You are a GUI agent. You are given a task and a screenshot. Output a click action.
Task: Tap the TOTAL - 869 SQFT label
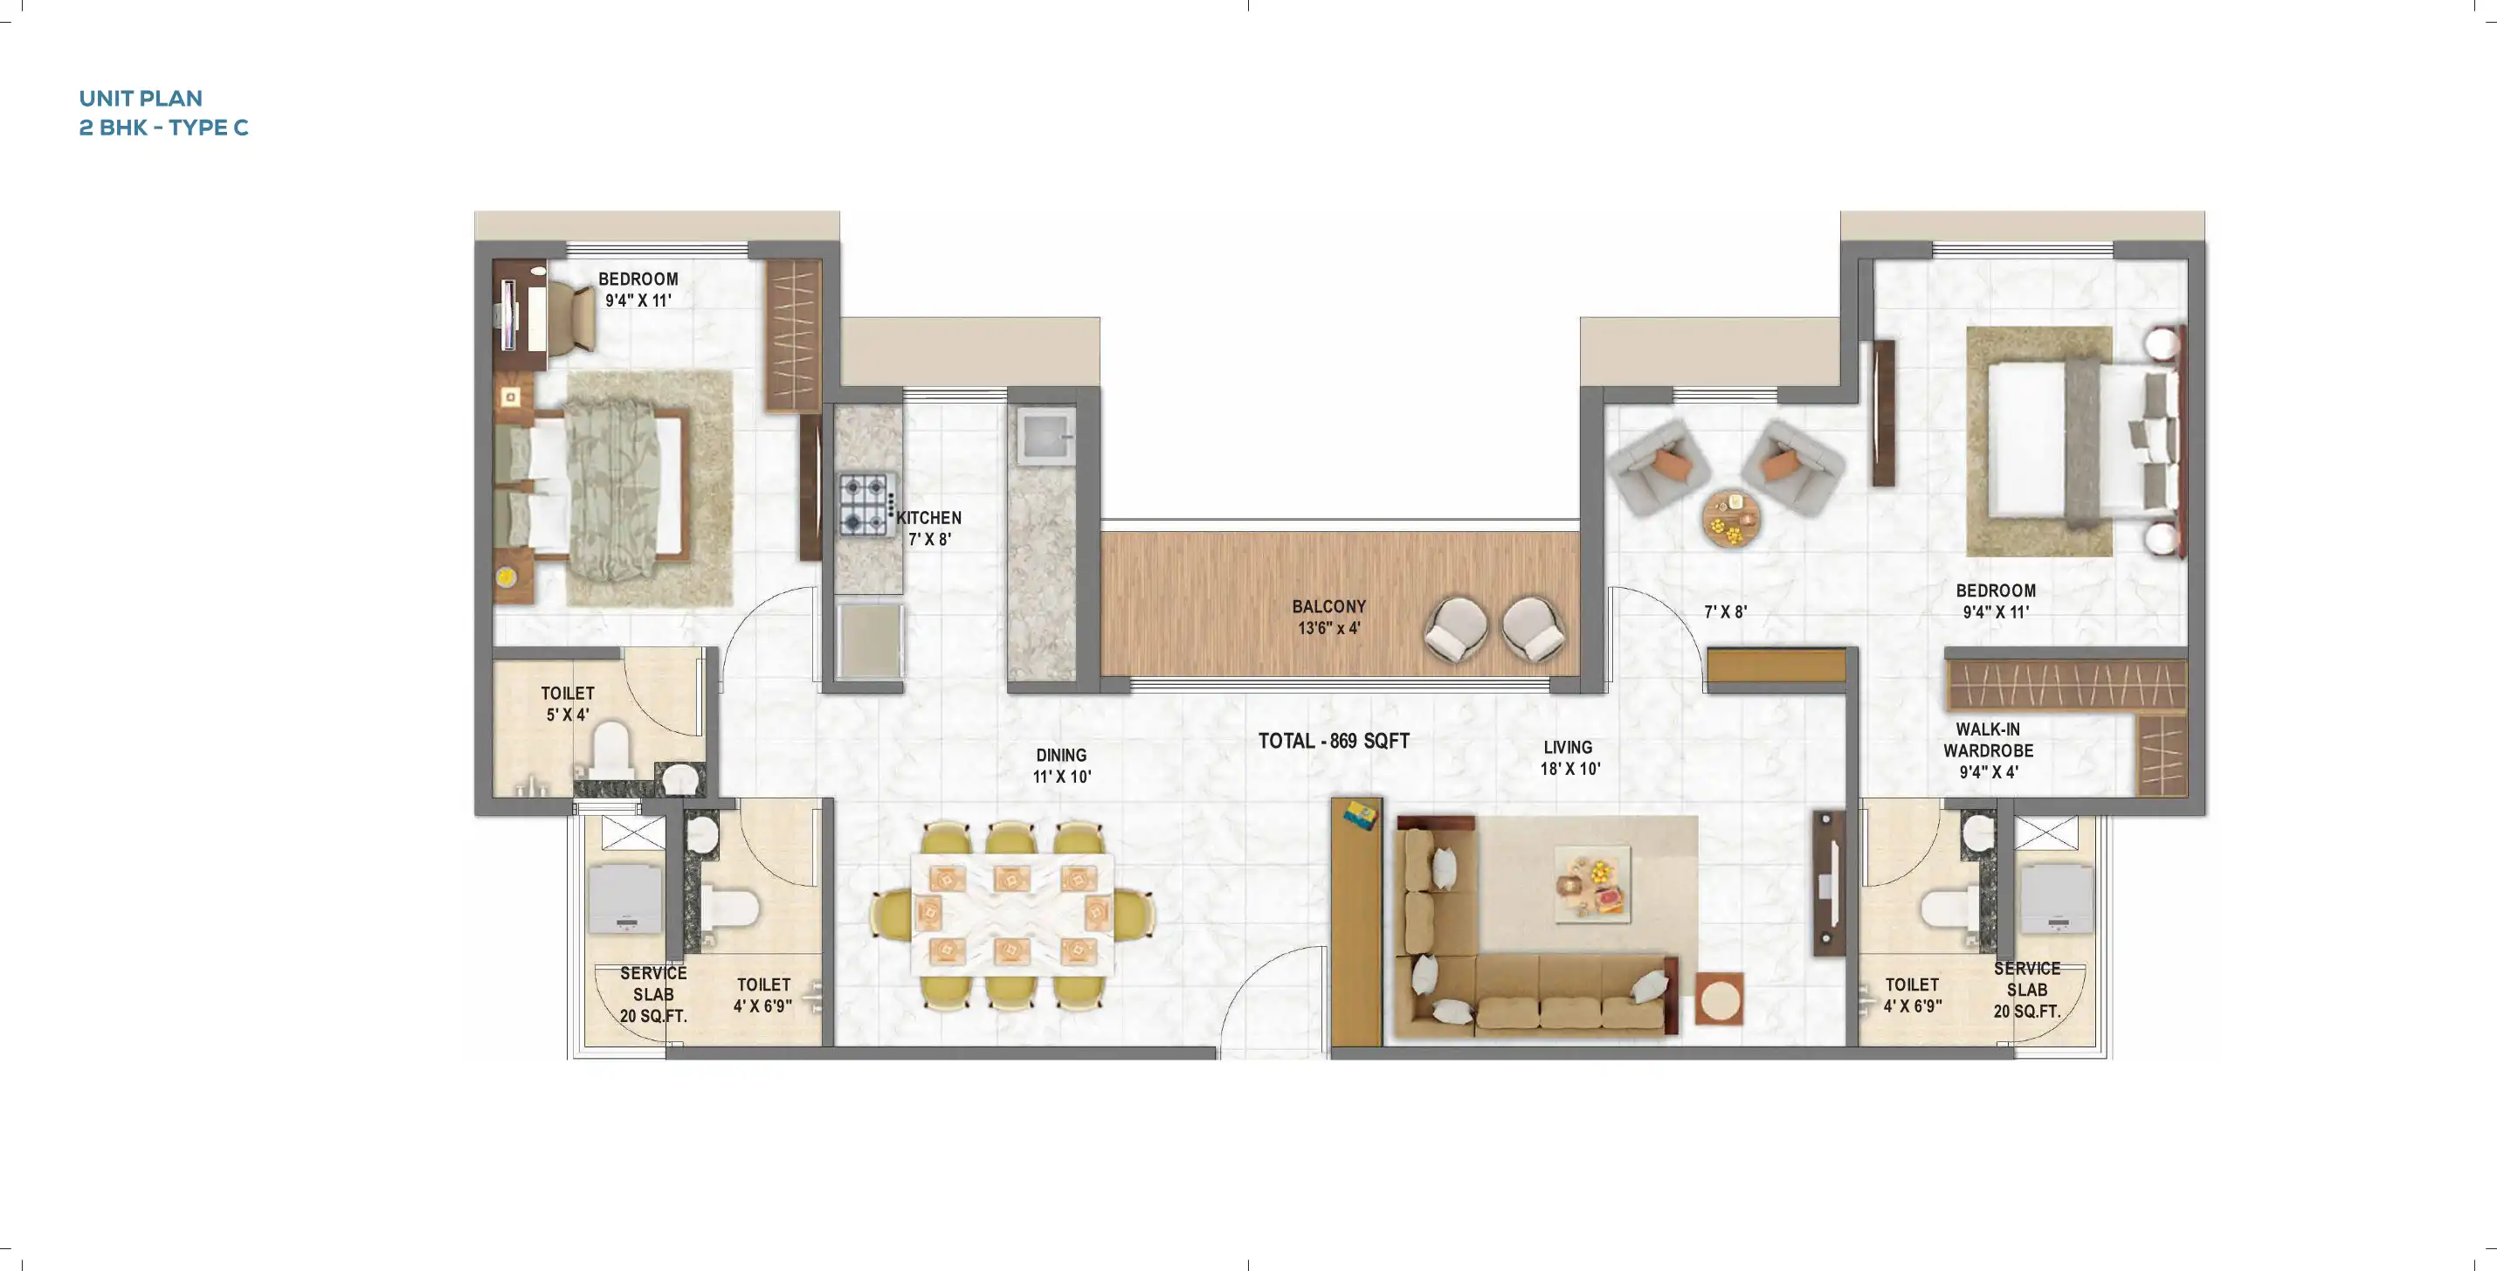[x=1333, y=741]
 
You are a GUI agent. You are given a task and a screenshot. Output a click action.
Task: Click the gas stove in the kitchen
[x=866, y=504]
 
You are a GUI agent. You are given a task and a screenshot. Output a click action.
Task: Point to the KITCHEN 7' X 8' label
[x=928, y=528]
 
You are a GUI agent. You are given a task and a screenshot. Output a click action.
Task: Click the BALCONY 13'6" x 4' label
[x=1328, y=617]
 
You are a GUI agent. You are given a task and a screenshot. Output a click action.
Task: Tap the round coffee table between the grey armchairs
[x=1730, y=520]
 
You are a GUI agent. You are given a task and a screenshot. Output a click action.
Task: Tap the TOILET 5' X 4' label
[x=567, y=704]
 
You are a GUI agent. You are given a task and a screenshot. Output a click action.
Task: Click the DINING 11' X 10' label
[x=1061, y=765]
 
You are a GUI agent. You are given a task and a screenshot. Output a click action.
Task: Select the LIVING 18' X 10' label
[x=1569, y=757]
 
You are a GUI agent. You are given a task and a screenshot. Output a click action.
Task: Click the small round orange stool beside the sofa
[x=1719, y=998]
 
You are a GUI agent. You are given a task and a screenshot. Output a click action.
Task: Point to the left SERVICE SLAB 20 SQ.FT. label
[x=653, y=995]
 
